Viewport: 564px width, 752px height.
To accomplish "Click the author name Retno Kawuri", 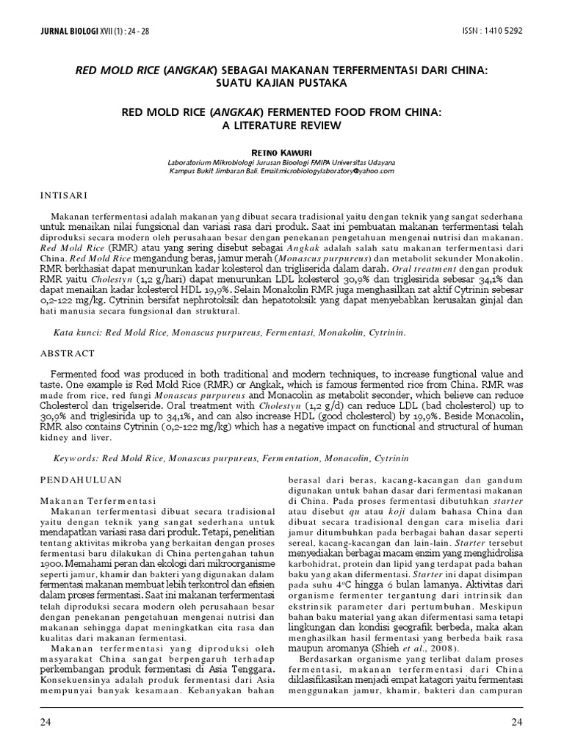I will [282, 149].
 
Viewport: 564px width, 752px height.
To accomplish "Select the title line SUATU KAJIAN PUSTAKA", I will [282, 83].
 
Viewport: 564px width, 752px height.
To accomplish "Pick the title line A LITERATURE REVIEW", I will [282, 125].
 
